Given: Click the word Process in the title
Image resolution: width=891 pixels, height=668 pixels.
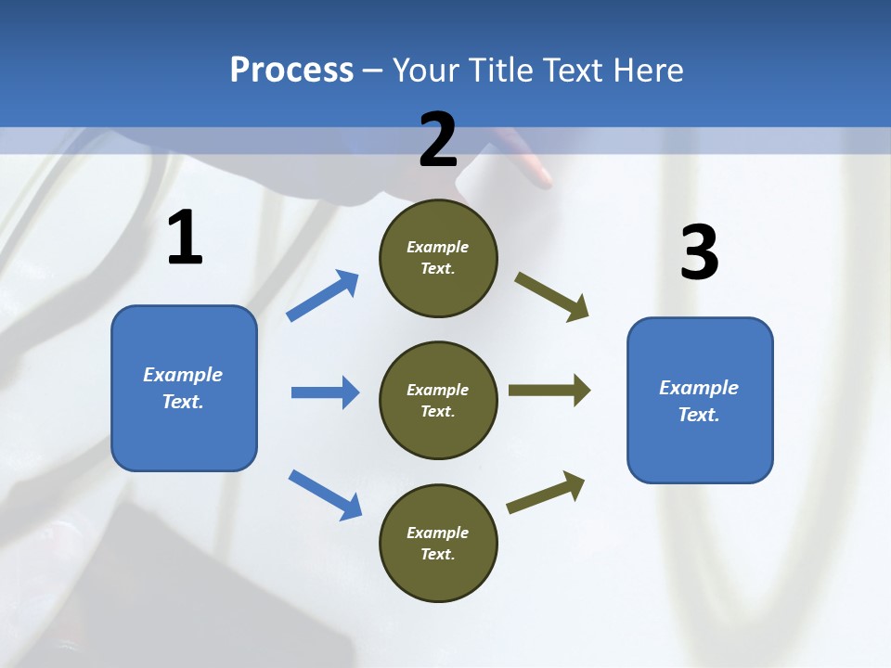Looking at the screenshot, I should tap(291, 71).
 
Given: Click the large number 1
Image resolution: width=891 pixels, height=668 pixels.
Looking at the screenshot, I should tap(185, 238).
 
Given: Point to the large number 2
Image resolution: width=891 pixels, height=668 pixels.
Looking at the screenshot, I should tap(438, 140).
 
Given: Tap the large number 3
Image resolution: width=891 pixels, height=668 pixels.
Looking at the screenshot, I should tap(699, 253).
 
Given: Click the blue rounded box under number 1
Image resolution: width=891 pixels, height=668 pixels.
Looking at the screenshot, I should tap(184, 388).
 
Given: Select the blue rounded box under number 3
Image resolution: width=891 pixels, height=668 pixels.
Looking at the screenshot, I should tap(700, 401).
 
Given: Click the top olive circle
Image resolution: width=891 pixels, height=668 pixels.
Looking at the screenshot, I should tap(438, 258).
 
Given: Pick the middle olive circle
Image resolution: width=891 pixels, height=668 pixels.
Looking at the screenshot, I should tap(438, 401).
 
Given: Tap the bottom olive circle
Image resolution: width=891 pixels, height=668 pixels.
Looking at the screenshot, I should tap(438, 544).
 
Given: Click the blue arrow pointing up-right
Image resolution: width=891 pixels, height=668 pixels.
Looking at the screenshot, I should tap(323, 295).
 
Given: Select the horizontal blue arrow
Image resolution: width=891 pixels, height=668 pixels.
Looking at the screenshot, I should tap(325, 392).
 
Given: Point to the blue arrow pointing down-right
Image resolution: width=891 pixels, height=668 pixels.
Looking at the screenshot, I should tap(325, 495).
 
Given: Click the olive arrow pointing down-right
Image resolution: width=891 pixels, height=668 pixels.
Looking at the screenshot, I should tap(551, 296).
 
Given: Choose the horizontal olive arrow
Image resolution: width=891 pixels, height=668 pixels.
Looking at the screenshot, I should tap(549, 391).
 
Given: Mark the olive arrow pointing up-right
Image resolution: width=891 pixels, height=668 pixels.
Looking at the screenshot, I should tap(546, 492).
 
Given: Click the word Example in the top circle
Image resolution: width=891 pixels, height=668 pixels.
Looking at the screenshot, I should tap(438, 248).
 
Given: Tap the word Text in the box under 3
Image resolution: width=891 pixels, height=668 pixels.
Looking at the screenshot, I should tap(698, 415).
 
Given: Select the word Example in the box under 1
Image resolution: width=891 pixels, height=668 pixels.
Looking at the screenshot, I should tap(183, 375).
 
